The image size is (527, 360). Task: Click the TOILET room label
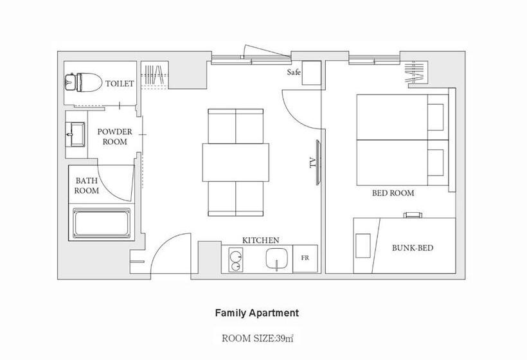(x=120, y=84)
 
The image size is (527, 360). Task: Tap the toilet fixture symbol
(x=83, y=82)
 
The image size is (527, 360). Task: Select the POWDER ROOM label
(x=115, y=136)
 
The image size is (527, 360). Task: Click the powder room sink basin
(x=76, y=135)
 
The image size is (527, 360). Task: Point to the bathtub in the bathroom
(x=102, y=224)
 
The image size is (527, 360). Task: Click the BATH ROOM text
(x=87, y=186)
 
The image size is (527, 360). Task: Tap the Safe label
(x=294, y=72)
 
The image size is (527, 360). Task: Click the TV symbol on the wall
(x=317, y=163)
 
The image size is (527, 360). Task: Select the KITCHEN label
(x=261, y=240)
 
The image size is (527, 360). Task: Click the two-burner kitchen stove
(x=236, y=260)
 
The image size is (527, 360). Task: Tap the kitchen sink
(x=276, y=258)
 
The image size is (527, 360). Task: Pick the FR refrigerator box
(x=305, y=258)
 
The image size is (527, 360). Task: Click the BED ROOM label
(x=393, y=193)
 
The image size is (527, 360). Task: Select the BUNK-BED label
(x=413, y=248)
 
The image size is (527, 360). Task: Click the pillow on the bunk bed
(x=362, y=246)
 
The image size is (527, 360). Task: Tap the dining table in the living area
(x=236, y=163)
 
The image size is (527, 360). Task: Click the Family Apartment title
(x=257, y=313)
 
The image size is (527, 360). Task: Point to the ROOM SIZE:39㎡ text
(x=258, y=338)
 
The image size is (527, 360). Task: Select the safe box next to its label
(x=312, y=73)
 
